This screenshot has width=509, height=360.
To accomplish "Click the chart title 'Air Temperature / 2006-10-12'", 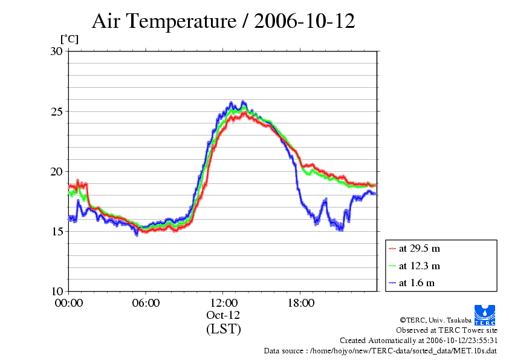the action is pos(223,21).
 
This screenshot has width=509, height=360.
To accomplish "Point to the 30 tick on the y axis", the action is pos(56,51).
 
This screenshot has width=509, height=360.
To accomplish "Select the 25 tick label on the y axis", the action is pos(56,111).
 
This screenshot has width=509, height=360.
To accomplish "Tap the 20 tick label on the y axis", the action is pos(56,172).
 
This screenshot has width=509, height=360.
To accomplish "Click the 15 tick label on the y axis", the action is pos(56,231).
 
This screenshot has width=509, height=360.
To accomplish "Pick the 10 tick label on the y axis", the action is pos(56,291).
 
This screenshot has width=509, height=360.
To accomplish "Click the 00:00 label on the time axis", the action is pos(69,303).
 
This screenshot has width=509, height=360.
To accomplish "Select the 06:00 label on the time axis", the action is pos(146,303).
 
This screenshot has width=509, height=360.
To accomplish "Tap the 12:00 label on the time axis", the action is pos(223,303).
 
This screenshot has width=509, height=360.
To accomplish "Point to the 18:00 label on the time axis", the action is pos(300,303).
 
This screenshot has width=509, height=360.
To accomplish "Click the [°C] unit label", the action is pos(70,39).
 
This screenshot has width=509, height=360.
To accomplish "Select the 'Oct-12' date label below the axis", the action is pos(223,315).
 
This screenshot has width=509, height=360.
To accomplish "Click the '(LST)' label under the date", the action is pos(223,329).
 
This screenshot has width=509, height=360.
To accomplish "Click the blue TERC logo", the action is pos(485,315).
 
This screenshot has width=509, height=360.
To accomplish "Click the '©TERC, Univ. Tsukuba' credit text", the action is pos(436,320).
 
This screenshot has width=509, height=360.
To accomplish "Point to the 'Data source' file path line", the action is pos(380,351).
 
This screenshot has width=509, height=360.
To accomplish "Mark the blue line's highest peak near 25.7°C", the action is pos(243,102).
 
